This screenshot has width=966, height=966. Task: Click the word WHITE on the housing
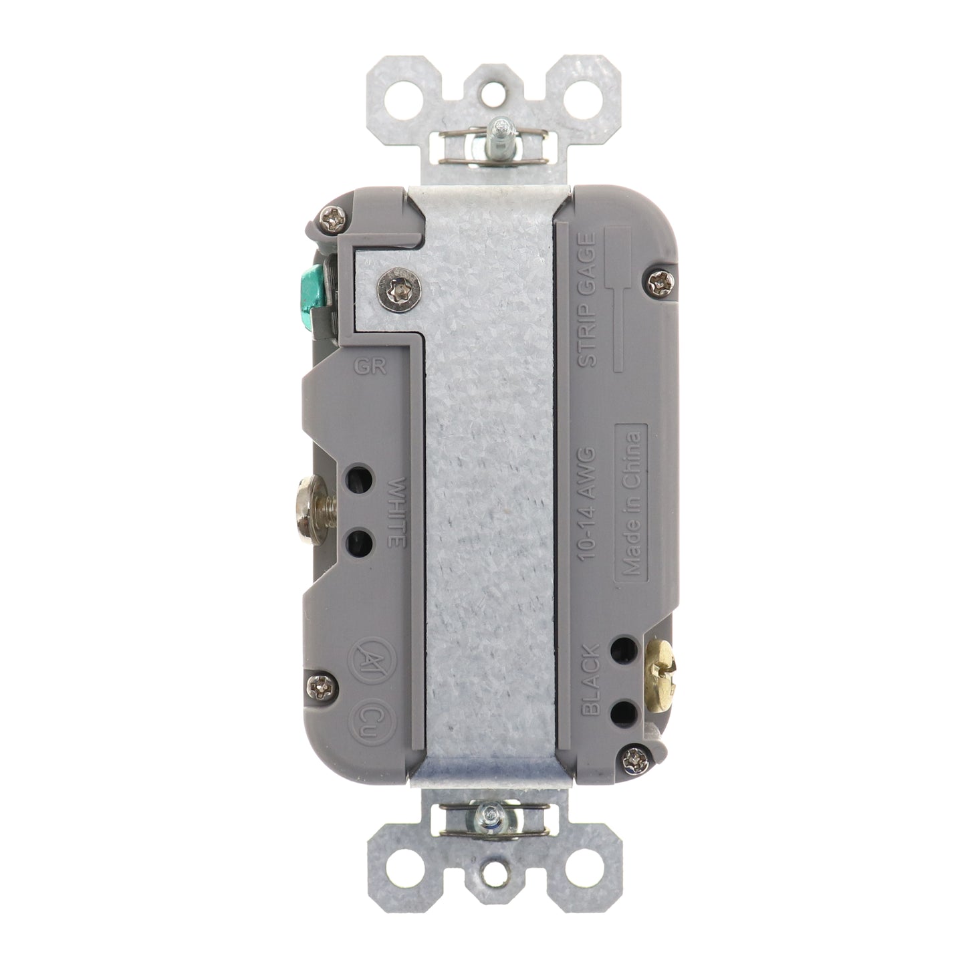[397, 512]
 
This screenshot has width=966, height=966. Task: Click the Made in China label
[631, 503]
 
